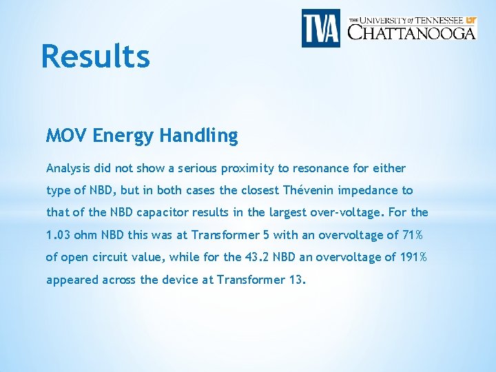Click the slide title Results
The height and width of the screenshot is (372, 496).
point(95,56)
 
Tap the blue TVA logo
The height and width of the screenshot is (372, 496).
point(320,28)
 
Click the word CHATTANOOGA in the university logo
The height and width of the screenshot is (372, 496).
point(411,32)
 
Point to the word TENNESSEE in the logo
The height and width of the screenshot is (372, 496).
point(435,20)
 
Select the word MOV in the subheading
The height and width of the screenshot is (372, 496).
point(67,136)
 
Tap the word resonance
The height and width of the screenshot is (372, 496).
point(315,168)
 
